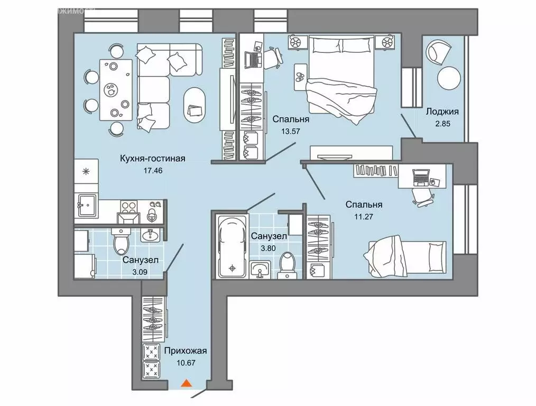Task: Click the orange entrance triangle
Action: (186, 383)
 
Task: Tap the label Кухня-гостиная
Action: (153, 159)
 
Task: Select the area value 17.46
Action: (153, 170)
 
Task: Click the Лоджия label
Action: (442, 112)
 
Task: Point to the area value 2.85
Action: (442, 124)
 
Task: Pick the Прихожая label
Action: (186, 351)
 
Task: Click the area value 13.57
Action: (291, 131)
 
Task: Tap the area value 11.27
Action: (364, 216)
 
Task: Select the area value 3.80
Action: (268, 248)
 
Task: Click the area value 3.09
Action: (140, 272)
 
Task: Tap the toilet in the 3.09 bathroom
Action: (121, 241)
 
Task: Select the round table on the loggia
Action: (448, 78)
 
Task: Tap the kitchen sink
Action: (87, 206)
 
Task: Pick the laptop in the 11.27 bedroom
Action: (420, 178)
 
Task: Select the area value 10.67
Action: (186, 363)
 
